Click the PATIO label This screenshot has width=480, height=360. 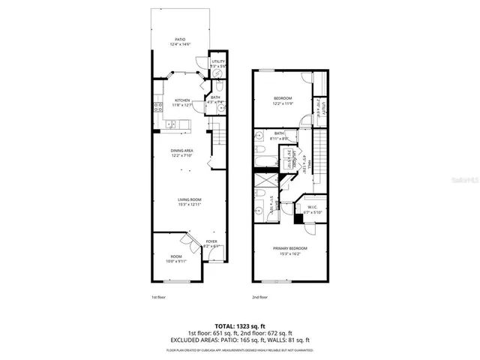(180, 42)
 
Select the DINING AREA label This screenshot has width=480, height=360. (181, 153)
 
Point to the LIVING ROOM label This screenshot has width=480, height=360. (189, 202)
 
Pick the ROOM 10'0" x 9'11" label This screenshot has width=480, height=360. (175, 259)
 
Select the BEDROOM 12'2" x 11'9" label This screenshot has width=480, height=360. (282, 100)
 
